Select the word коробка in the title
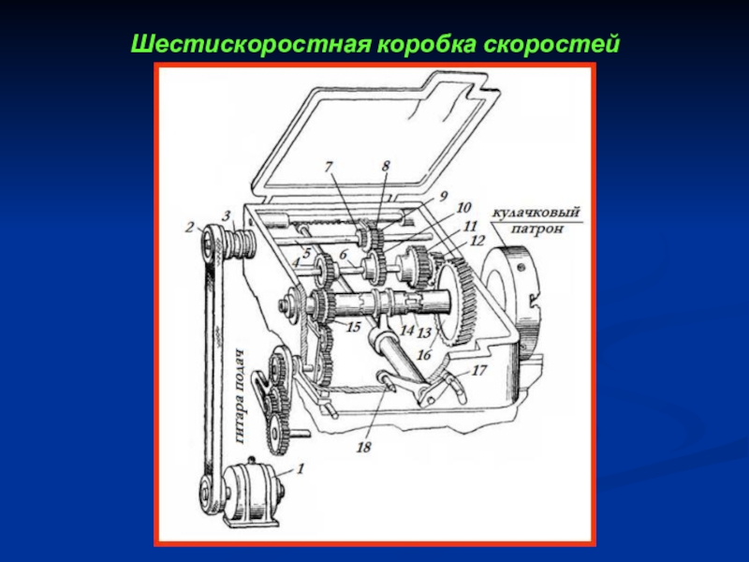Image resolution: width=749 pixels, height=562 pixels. [x=427, y=45]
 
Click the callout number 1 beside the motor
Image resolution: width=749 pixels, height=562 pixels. [x=300, y=468]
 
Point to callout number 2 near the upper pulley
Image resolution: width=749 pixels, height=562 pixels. [x=190, y=227]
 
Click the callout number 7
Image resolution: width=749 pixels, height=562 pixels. [x=329, y=167]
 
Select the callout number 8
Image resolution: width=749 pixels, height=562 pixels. [x=386, y=166]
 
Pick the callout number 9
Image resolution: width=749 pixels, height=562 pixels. [x=443, y=196]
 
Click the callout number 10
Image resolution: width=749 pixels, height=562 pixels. [x=463, y=207]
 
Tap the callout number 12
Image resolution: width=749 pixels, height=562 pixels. [x=477, y=241]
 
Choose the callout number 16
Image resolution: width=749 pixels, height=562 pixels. [x=424, y=354]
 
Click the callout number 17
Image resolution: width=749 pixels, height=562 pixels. [x=479, y=370]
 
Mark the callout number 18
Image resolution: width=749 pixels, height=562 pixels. [x=363, y=447]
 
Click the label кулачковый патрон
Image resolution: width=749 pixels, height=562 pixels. [x=536, y=220]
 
